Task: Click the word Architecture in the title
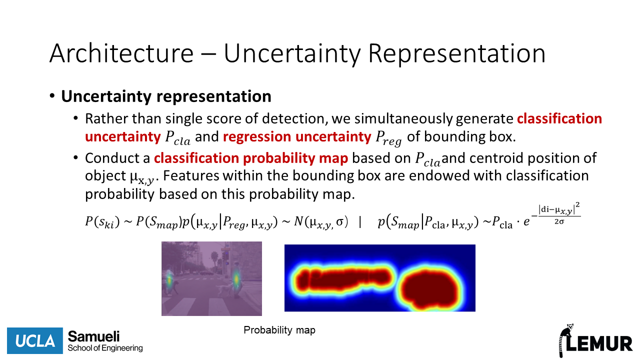(121, 53)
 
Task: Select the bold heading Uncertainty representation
(166, 96)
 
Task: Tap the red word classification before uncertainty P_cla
(559, 118)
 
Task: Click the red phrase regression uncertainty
(297, 136)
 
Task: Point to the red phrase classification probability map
(251, 158)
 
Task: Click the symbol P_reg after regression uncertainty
(388, 138)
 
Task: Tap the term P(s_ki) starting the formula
(102, 222)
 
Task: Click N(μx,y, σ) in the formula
(321, 222)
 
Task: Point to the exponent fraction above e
(559, 213)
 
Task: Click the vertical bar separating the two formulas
(360, 221)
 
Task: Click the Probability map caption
(279, 330)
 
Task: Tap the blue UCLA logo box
(35, 340)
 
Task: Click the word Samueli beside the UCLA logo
(93, 336)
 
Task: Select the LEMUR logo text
(599, 343)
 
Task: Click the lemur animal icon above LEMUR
(565, 340)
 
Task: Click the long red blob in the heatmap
(343, 280)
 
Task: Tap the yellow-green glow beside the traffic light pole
(236, 278)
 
